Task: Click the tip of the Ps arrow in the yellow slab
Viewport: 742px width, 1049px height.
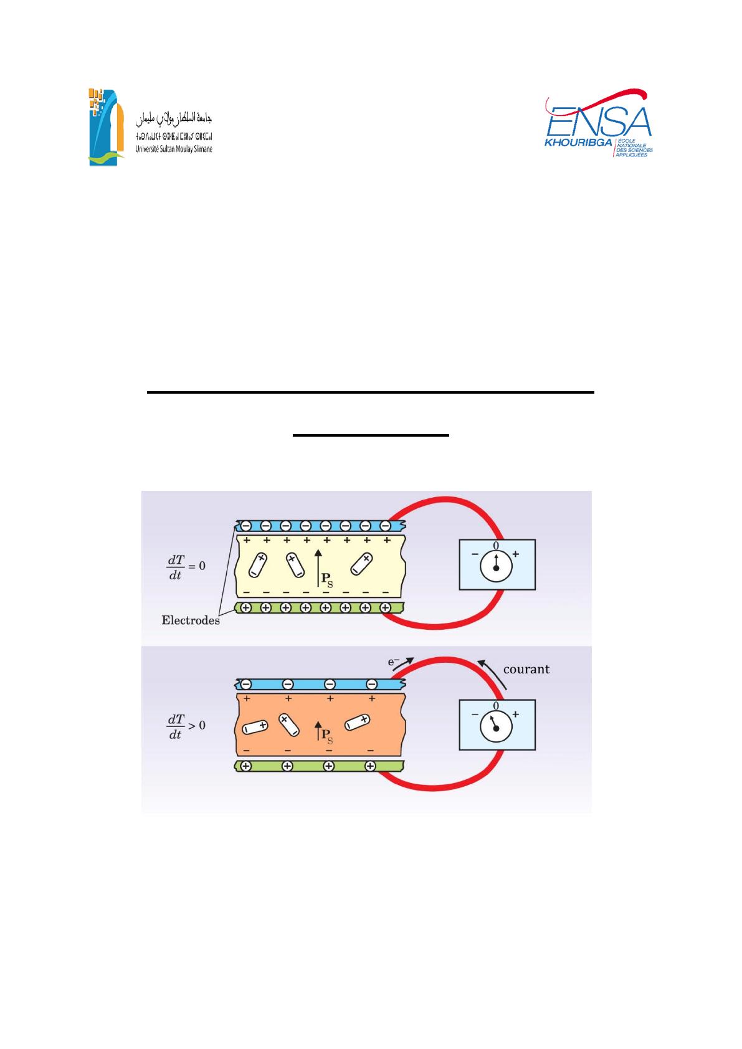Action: (318, 550)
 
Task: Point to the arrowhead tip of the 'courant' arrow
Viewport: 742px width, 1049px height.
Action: (478, 660)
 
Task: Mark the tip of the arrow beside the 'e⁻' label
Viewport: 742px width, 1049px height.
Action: (414, 658)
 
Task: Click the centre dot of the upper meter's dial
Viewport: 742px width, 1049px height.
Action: (496, 568)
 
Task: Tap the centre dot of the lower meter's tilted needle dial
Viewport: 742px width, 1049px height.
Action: (496, 729)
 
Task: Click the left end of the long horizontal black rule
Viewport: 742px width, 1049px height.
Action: (147, 392)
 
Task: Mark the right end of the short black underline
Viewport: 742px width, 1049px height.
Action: (449, 435)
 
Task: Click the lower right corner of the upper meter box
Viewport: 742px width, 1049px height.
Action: (535, 589)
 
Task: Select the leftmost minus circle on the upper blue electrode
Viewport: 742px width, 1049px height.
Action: (245, 526)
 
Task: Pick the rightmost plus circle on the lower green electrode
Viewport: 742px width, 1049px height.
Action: (370, 766)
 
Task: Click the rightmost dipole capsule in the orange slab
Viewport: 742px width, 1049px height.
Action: (358, 722)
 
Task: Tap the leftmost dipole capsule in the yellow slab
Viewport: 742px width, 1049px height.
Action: (258, 565)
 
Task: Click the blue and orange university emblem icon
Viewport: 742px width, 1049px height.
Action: (107, 127)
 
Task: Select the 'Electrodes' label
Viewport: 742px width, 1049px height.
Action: (191, 620)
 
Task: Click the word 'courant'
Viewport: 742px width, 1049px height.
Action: (526, 669)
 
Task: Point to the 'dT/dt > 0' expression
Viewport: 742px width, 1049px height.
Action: (186, 726)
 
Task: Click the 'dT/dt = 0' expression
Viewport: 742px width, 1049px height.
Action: (186, 567)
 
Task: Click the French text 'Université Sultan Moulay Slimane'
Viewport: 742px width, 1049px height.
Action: (174, 150)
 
